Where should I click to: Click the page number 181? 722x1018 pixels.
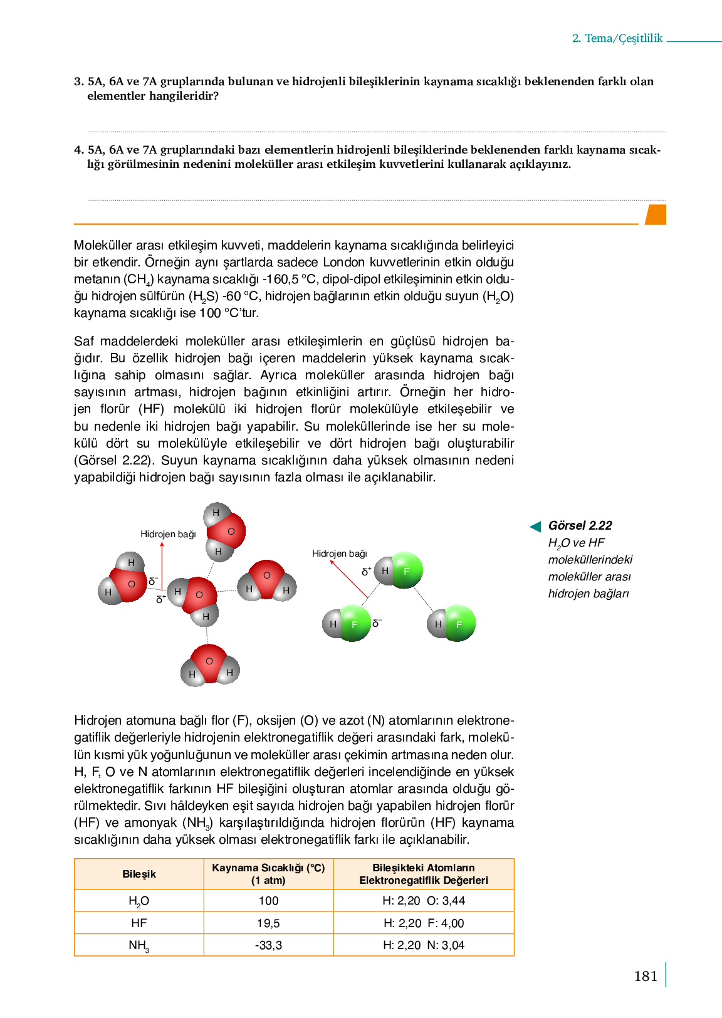646,976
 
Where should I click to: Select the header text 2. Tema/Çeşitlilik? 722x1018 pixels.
617,38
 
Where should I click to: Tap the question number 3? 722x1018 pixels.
78,81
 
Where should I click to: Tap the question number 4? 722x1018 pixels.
78,150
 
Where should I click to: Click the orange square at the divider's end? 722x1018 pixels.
656,214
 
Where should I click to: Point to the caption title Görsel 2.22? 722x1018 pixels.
580,525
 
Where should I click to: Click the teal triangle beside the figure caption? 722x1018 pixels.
535,527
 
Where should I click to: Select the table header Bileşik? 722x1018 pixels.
139,874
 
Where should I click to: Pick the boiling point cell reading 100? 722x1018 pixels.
268,901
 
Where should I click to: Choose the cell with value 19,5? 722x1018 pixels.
268,923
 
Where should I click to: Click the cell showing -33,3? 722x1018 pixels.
268,945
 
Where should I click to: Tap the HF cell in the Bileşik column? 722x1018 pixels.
139,923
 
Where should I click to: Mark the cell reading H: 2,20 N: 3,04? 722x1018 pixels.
424,945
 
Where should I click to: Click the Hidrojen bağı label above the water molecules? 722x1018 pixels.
168,534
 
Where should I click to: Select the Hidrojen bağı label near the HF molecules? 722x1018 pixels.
340,554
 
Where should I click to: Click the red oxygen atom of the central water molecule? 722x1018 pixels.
199,595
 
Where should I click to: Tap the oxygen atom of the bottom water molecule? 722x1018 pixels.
209,661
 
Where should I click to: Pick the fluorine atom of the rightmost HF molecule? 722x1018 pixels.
460,624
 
